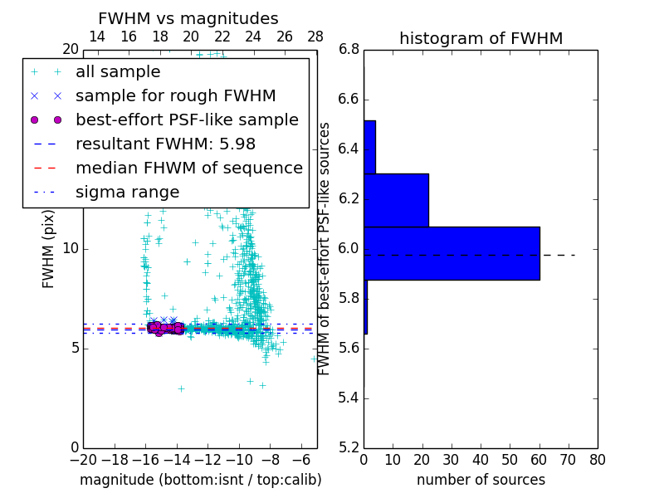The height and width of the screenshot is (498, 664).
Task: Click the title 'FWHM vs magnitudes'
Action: [188, 18]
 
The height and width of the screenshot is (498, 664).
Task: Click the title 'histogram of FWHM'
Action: [481, 38]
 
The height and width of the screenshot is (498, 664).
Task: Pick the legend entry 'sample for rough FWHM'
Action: [175, 96]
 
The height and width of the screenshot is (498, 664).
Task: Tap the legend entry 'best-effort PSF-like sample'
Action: [187, 120]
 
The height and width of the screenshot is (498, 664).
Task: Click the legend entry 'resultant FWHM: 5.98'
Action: [165, 144]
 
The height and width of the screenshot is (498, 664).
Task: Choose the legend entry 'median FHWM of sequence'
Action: [188, 168]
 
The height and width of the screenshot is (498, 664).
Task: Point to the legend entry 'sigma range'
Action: [127, 193]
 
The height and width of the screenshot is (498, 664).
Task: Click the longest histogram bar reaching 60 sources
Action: [452, 253]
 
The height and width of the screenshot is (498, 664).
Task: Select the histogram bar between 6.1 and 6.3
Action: [396, 200]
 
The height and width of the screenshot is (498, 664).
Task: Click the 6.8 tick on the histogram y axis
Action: [349, 50]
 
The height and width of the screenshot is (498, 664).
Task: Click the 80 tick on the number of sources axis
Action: [597, 459]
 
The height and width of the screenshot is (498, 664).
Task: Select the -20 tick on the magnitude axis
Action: [83, 459]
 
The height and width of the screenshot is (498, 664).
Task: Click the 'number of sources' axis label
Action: [481, 480]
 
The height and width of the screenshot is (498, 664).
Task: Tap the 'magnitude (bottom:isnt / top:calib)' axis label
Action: [200, 480]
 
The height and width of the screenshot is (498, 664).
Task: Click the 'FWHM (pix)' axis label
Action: [49, 249]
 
